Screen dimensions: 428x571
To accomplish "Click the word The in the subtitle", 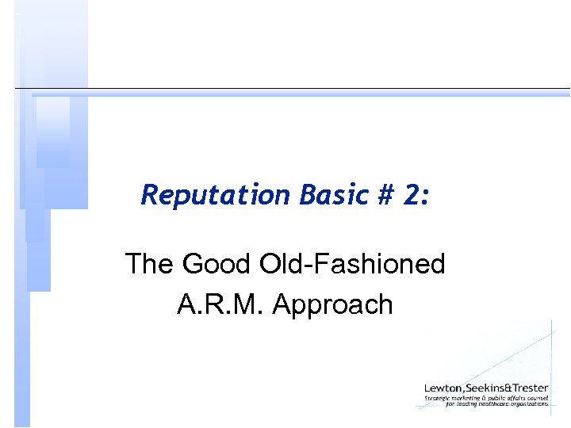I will (x=150, y=264).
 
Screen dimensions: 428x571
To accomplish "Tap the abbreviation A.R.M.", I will (x=221, y=304).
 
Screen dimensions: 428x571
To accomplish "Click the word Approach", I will (x=333, y=304).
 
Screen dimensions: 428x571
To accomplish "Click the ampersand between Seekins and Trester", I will (x=510, y=388).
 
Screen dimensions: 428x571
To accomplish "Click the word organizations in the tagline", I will (x=531, y=404).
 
